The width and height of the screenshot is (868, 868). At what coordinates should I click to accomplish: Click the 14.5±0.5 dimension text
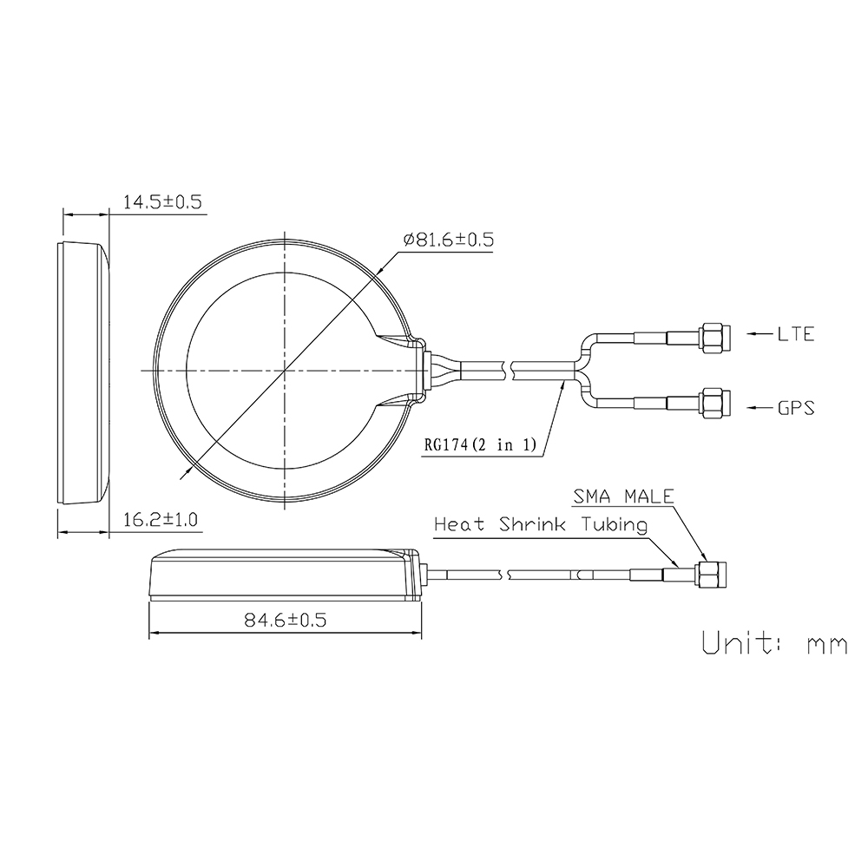point(162,202)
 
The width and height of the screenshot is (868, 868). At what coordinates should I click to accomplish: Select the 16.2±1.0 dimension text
point(161,520)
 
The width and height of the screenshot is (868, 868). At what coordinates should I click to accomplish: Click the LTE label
point(796,333)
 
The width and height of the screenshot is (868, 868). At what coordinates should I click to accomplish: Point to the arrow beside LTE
point(759,333)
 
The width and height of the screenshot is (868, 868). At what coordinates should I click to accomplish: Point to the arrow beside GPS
point(759,405)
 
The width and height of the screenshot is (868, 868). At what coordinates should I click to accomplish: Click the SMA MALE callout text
point(622,496)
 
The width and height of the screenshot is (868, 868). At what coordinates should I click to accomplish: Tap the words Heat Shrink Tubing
point(540,524)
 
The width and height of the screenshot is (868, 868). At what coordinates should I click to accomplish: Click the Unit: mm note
point(773,644)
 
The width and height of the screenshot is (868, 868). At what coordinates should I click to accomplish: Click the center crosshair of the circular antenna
point(285,371)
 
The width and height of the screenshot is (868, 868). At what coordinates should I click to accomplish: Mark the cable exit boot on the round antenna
point(418,371)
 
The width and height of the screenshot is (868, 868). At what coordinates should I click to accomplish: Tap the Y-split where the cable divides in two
point(580,371)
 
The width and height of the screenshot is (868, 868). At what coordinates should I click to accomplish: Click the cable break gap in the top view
point(509,371)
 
